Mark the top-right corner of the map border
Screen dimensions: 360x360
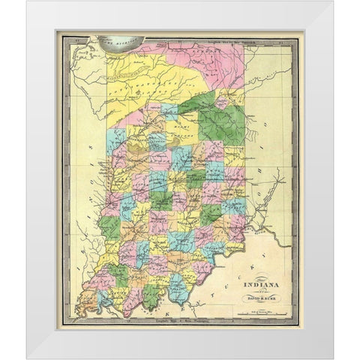coord(297,33)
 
